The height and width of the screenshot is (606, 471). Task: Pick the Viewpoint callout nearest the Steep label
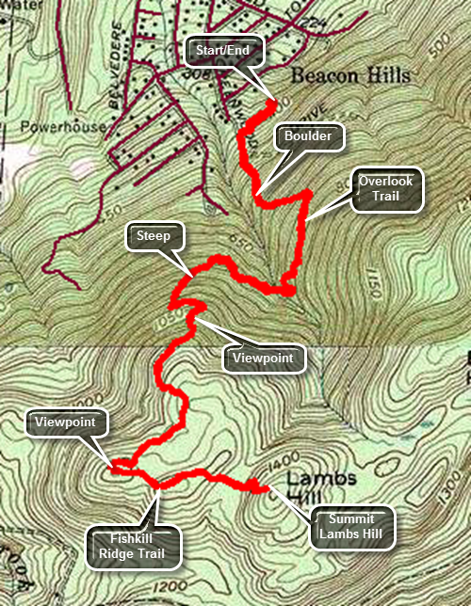(263, 358)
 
